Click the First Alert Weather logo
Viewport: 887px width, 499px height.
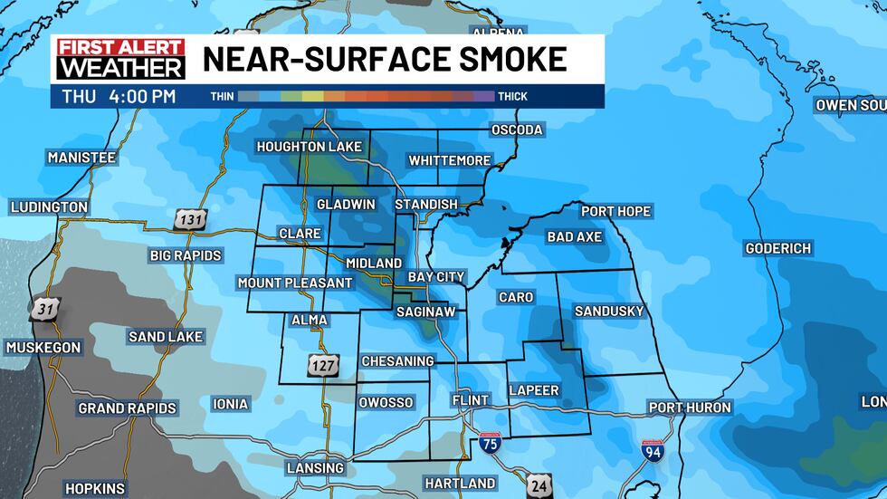[x=120, y=59]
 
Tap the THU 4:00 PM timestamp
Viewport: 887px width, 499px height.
[x=119, y=96]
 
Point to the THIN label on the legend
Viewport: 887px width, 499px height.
[x=222, y=96]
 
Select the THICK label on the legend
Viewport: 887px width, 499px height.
[x=512, y=96]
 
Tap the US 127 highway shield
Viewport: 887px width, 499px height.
[x=325, y=364]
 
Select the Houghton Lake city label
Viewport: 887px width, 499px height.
[x=309, y=147]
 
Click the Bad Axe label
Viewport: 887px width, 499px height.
[x=574, y=237]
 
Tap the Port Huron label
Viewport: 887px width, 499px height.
[x=690, y=408]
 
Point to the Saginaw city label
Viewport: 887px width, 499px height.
[x=424, y=312]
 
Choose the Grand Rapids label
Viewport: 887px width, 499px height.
[x=127, y=408]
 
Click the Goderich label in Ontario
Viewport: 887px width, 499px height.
[x=777, y=248]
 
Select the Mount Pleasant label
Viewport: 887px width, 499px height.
[x=294, y=283]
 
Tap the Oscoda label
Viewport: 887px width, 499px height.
[x=516, y=130]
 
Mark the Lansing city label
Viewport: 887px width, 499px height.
[x=315, y=468]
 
